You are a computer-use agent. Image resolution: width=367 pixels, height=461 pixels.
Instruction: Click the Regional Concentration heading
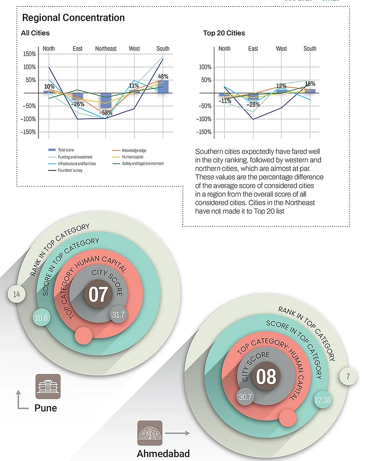click(x=73, y=18)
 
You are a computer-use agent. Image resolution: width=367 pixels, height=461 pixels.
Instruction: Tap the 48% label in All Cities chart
click(x=163, y=77)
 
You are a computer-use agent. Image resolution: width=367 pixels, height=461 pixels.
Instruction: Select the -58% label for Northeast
click(x=106, y=113)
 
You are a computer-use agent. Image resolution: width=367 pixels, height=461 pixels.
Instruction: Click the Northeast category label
click(x=106, y=49)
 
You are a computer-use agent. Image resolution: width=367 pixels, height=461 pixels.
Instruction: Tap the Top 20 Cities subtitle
click(x=224, y=33)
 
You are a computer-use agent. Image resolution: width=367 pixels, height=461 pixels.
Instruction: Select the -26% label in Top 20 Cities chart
click(x=253, y=104)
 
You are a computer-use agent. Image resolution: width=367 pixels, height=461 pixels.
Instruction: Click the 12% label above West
click(x=281, y=86)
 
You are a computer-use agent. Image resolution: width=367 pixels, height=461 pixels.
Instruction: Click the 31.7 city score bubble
click(x=118, y=315)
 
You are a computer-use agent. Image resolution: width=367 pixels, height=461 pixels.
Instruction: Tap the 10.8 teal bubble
click(x=41, y=317)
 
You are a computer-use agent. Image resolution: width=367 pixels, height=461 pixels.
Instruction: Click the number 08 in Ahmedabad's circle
click(x=266, y=377)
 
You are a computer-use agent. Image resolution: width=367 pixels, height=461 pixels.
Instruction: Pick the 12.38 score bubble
click(x=323, y=400)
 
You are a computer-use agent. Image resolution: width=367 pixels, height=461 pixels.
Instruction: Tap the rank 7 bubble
click(x=348, y=377)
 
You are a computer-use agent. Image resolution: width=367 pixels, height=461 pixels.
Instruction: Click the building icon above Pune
click(x=48, y=386)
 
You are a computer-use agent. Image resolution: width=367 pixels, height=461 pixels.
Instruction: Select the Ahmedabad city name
click(x=163, y=454)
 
